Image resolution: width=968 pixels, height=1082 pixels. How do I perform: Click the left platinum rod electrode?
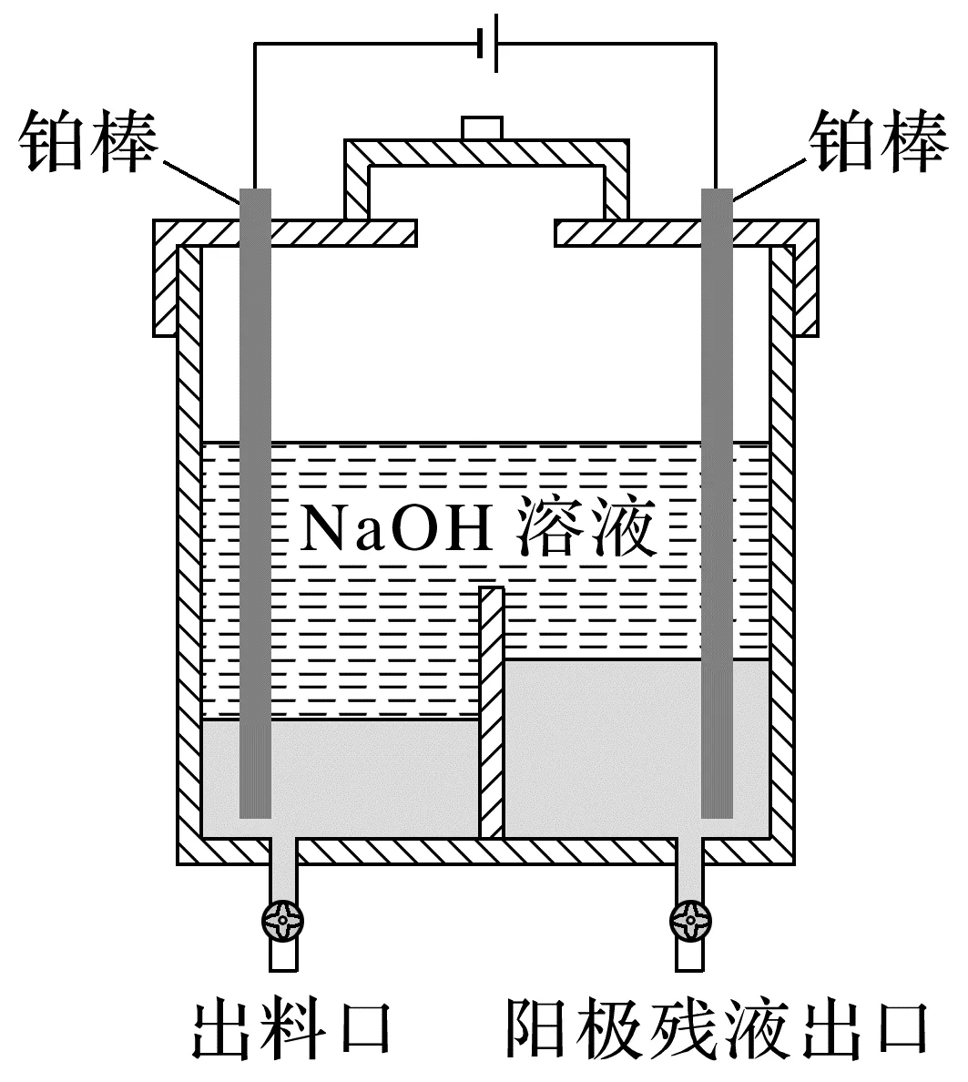[x=255, y=501]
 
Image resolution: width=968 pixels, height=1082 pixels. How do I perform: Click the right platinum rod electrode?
[x=717, y=501]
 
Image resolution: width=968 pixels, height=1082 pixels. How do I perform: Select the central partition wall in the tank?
[x=492, y=710]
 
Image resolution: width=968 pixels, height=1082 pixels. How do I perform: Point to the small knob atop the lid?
[x=482, y=128]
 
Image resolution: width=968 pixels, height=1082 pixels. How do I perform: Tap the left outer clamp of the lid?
[x=165, y=282]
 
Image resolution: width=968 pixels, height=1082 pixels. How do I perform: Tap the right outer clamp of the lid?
[x=806, y=282]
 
